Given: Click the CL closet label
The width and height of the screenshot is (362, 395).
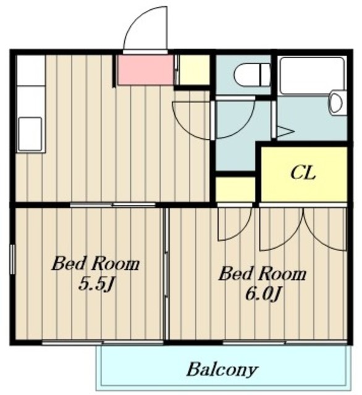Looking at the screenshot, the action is (x=303, y=173).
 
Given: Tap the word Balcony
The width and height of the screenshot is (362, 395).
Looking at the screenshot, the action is (x=222, y=370).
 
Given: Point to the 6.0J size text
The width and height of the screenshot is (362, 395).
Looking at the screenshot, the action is (x=263, y=294).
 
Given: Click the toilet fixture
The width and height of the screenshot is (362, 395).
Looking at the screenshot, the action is (x=252, y=75).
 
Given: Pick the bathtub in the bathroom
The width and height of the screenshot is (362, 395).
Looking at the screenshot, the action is (x=312, y=76).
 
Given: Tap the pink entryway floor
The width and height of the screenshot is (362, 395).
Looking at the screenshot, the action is (x=146, y=70).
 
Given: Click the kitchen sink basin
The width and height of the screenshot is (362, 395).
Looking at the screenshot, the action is (x=30, y=134).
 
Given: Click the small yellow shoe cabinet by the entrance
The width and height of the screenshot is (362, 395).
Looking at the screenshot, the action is (x=194, y=70).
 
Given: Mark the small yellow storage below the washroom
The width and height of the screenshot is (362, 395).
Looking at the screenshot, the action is (x=235, y=189).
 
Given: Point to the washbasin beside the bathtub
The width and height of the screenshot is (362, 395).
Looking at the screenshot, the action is (x=336, y=103).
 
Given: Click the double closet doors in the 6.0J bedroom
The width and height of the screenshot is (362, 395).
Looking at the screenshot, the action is (x=303, y=228).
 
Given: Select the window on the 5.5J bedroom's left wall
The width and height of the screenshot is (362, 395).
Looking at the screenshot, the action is (x=12, y=259).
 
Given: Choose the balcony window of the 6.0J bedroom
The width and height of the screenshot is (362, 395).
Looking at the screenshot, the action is (x=285, y=343).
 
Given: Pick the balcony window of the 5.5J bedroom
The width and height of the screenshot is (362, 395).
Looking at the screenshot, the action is (x=103, y=343).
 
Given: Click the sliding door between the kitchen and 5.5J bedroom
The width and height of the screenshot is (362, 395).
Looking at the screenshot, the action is (x=112, y=204).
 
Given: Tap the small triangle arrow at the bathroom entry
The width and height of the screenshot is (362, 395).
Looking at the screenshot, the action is (x=285, y=131).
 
